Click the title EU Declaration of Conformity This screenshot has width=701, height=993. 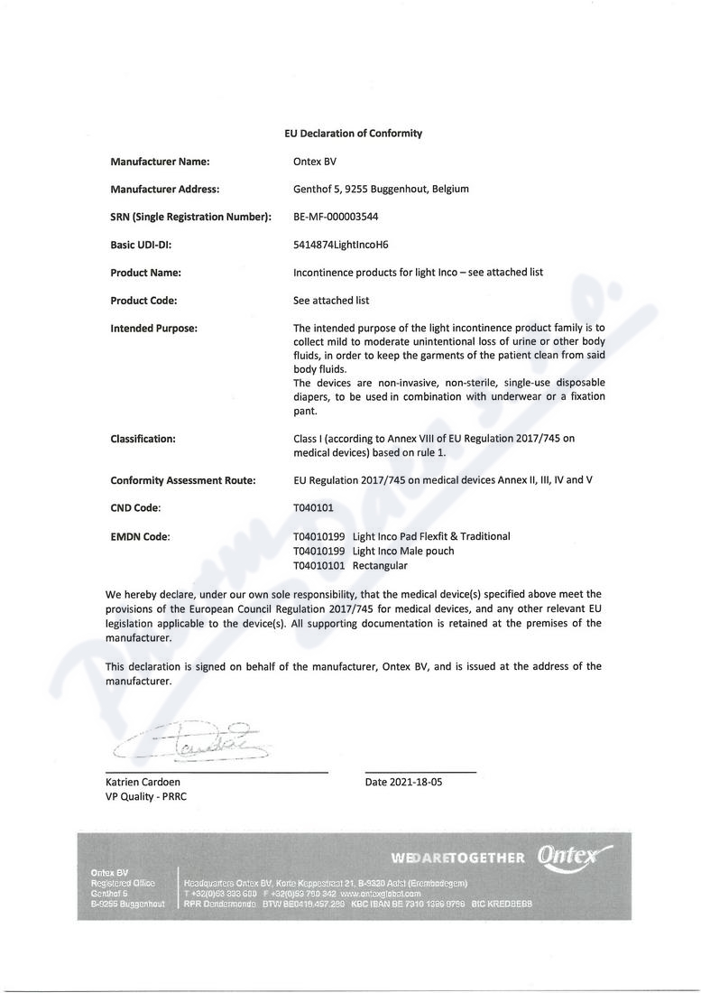pos(353,134)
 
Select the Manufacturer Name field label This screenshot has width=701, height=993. pos(160,162)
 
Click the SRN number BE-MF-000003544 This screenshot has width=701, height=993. pos(336,217)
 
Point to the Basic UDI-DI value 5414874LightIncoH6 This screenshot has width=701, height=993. pos(341,245)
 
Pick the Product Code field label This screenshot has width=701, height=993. pos(143,300)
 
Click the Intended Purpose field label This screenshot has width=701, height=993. pos(153,328)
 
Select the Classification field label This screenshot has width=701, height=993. pos(143,439)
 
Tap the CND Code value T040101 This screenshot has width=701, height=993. pos(313,508)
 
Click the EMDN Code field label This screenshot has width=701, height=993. pos(140,536)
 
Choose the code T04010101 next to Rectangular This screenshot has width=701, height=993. pos(320,565)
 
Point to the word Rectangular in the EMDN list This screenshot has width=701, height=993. pos(380,565)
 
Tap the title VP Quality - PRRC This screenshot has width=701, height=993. pos(145,797)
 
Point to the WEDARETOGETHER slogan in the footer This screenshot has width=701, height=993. pos(457,857)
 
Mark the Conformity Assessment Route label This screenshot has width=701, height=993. pos(183,480)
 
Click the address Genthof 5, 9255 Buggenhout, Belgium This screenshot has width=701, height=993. pos(381,190)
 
